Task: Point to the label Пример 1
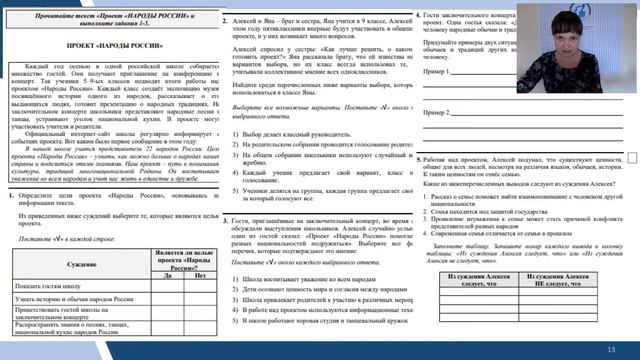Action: [x=441, y=73]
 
